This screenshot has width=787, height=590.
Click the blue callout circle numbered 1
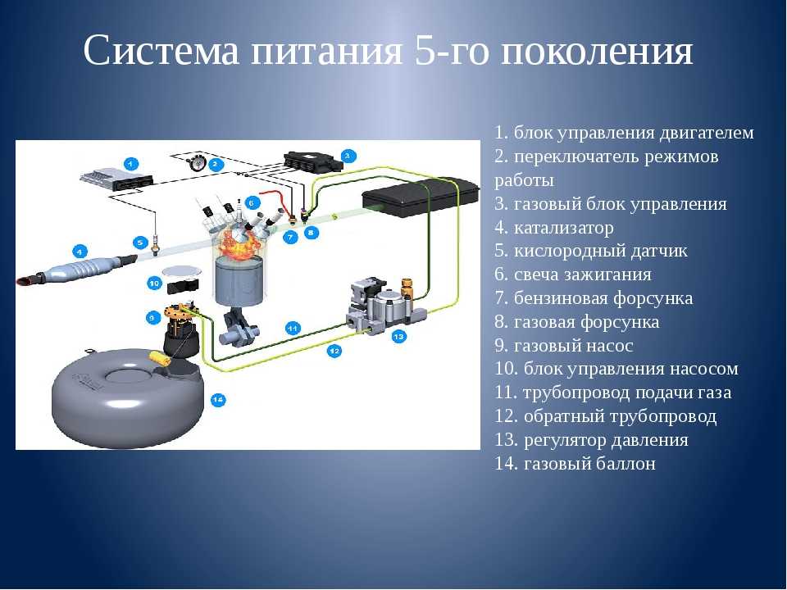coord(130,164)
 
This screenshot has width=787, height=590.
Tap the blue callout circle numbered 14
coord(217,400)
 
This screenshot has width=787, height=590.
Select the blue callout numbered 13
coord(399,336)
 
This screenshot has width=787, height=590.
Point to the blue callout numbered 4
coord(80,251)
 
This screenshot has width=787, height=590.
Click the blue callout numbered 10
coord(154,284)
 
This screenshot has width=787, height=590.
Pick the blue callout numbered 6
coord(252,202)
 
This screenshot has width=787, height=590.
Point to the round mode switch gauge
coord(195,162)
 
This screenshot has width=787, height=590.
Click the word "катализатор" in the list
coord(563,228)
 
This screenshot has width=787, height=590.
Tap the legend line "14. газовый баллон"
coord(575,463)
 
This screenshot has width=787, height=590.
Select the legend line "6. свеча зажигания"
coord(573,275)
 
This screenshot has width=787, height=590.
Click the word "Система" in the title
coord(161,50)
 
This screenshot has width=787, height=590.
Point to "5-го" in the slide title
coord(451,50)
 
